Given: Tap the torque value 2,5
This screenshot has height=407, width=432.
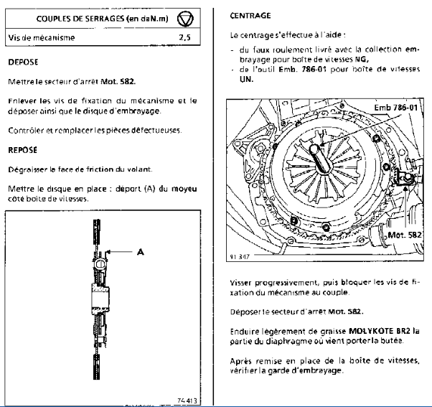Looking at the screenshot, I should tap(184, 36).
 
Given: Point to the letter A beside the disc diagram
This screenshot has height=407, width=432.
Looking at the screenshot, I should tap(141, 252).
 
